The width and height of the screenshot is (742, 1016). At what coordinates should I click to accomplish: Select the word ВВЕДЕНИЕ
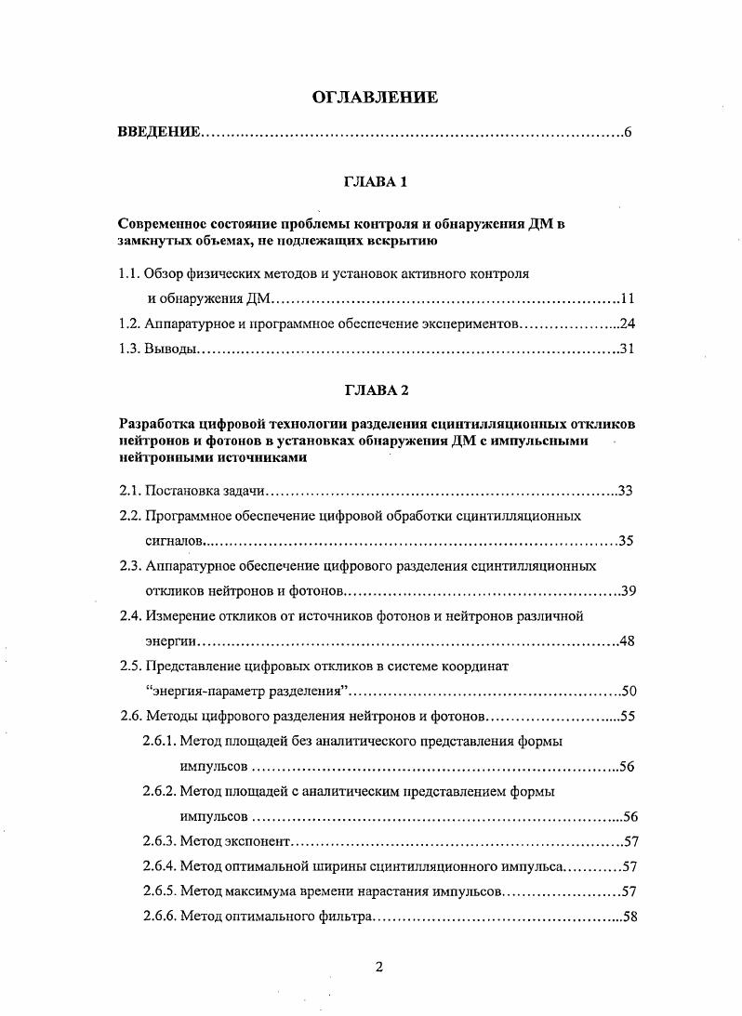tap(158, 133)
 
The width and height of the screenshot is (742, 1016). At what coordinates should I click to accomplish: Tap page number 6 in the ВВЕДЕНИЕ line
tap(629, 133)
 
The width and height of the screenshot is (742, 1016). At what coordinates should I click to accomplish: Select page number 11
tap(627, 299)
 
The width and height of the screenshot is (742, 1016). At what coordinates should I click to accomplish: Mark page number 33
tap(627, 490)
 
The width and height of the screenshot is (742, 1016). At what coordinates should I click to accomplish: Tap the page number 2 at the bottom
tap(378, 966)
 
